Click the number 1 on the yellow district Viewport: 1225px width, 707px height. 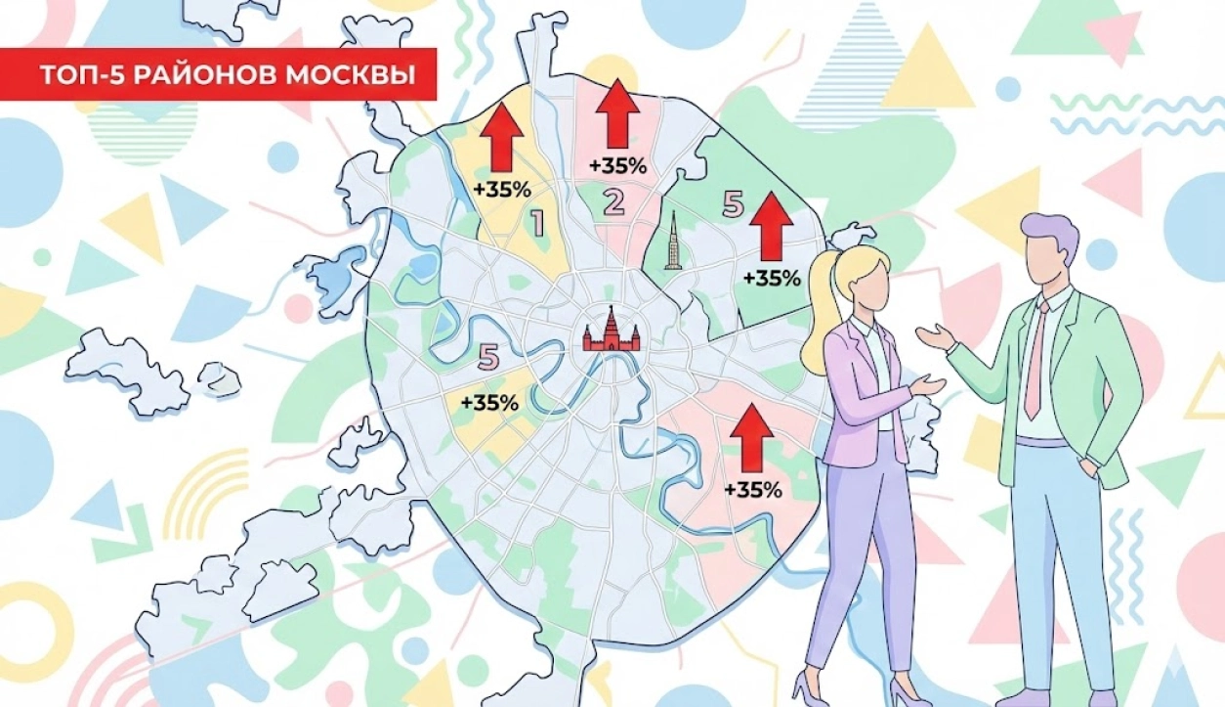click(x=536, y=224)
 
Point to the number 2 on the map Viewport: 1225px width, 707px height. click(x=613, y=202)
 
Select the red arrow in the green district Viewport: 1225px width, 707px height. click(x=772, y=226)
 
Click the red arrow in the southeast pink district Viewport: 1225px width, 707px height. click(x=751, y=436)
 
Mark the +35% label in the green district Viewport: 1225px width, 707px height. click(x=771, y=278)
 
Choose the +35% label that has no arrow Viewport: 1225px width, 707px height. click(x=489, y=402)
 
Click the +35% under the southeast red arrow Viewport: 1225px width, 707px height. click(x=752, y=490)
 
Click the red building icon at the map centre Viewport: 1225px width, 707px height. click(x=610, y=331)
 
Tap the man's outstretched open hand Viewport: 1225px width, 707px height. click(x=934, y=336)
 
